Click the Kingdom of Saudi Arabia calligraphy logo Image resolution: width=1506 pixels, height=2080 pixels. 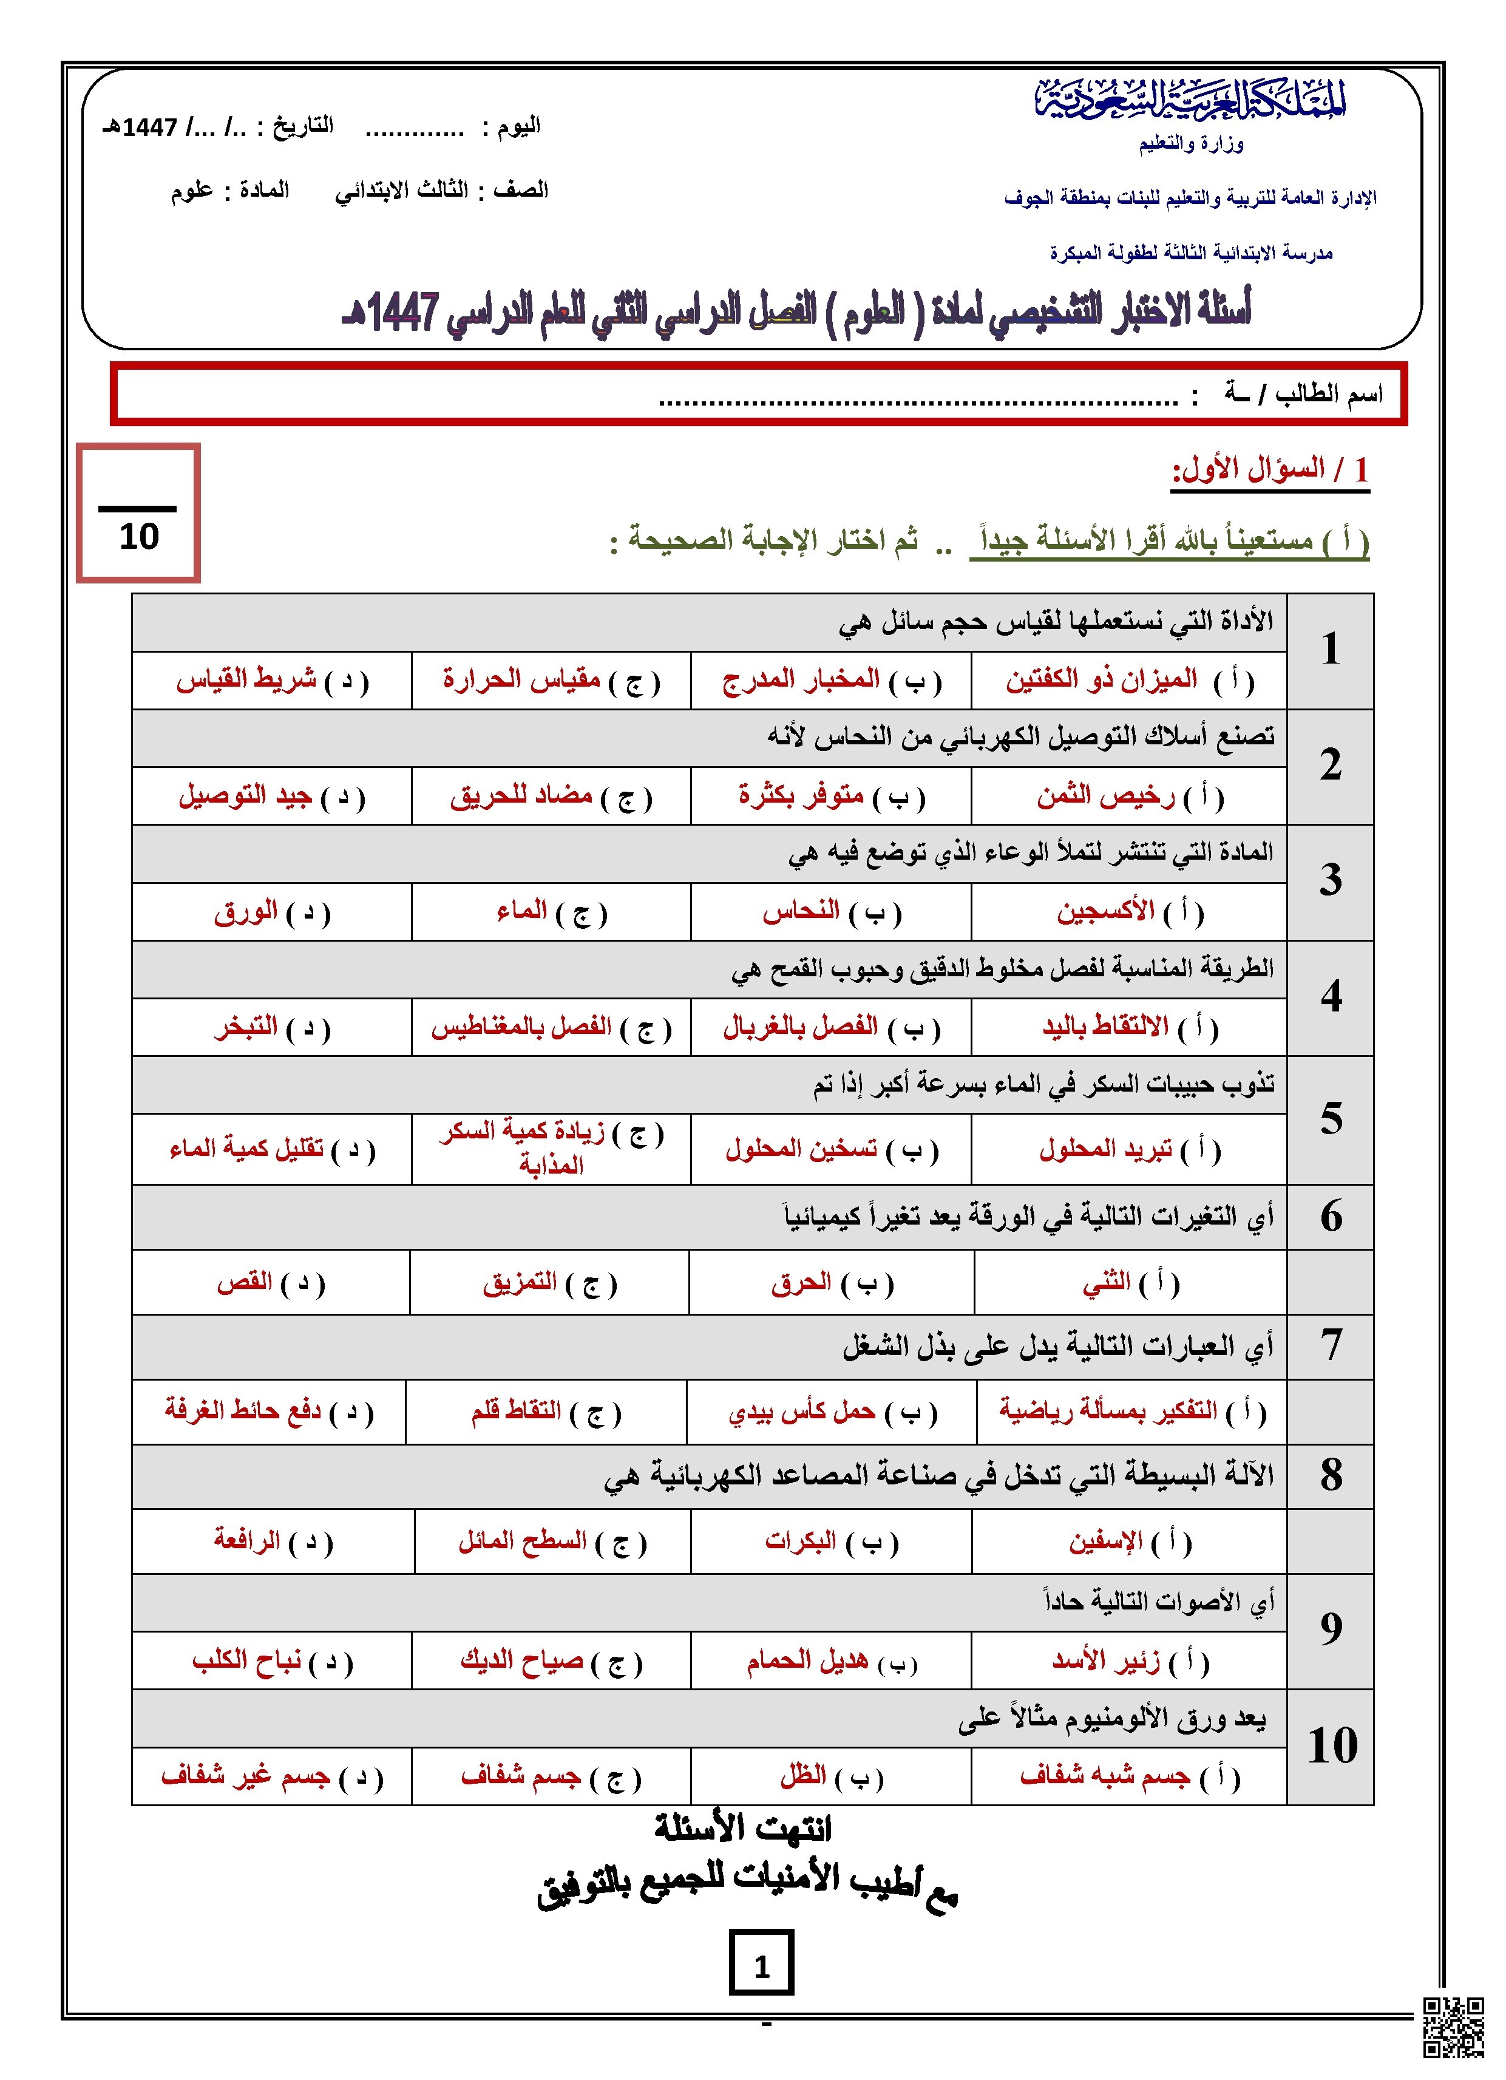click(1190, 99)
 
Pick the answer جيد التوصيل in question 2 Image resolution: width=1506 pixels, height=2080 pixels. click(246, 796)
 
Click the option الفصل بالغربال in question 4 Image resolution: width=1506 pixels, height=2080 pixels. click(801, 1027)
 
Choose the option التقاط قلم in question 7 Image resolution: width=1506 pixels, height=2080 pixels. click(517, 1412)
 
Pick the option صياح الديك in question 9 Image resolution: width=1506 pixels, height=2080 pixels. click(522, 1661)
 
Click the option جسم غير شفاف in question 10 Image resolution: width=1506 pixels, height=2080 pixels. click(246, 1776)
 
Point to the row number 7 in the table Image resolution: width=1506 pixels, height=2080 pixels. click(1330, 1345)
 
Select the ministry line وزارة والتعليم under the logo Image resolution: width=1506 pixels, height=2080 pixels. click(1190, 144)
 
